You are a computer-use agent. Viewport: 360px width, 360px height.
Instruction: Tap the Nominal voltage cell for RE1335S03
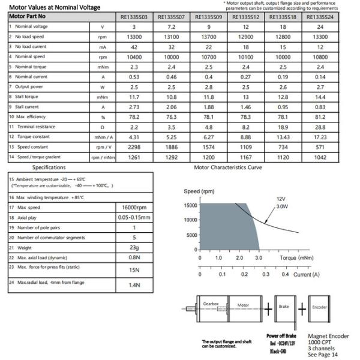tap(134, 27)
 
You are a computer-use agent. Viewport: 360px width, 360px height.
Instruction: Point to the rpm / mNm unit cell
tap(103, 157)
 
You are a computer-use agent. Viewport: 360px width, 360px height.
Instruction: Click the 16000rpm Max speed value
tap(134, 208)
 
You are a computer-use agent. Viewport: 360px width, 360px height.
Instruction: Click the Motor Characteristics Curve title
tap(227, 167)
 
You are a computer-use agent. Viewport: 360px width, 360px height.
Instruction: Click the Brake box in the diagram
tap(284, 306)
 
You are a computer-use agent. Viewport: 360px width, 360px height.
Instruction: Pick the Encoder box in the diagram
tap(319, 307)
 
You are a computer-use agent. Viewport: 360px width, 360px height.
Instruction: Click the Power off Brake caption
tap(281, 336)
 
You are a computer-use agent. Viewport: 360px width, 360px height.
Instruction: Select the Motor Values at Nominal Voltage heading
tap(55, 7)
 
